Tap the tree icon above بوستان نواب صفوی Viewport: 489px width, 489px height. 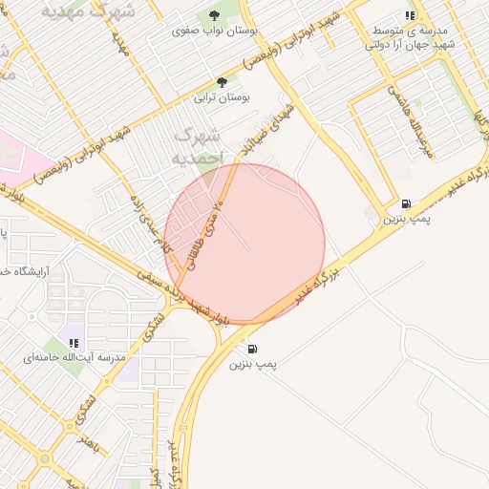coord(212,15)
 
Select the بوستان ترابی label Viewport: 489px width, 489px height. coord(222,97)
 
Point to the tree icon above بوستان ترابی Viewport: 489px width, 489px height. coord(223,82)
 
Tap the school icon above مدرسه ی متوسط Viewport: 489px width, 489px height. coord(410,16)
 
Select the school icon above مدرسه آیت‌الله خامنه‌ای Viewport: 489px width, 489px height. coord(74,343)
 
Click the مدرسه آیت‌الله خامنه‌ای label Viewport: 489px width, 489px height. coord(63,358)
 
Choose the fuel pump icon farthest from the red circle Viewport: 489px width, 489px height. coord(407,203)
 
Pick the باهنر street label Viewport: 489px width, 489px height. coord(92,444)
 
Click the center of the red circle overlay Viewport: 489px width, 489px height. coord(244,243)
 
